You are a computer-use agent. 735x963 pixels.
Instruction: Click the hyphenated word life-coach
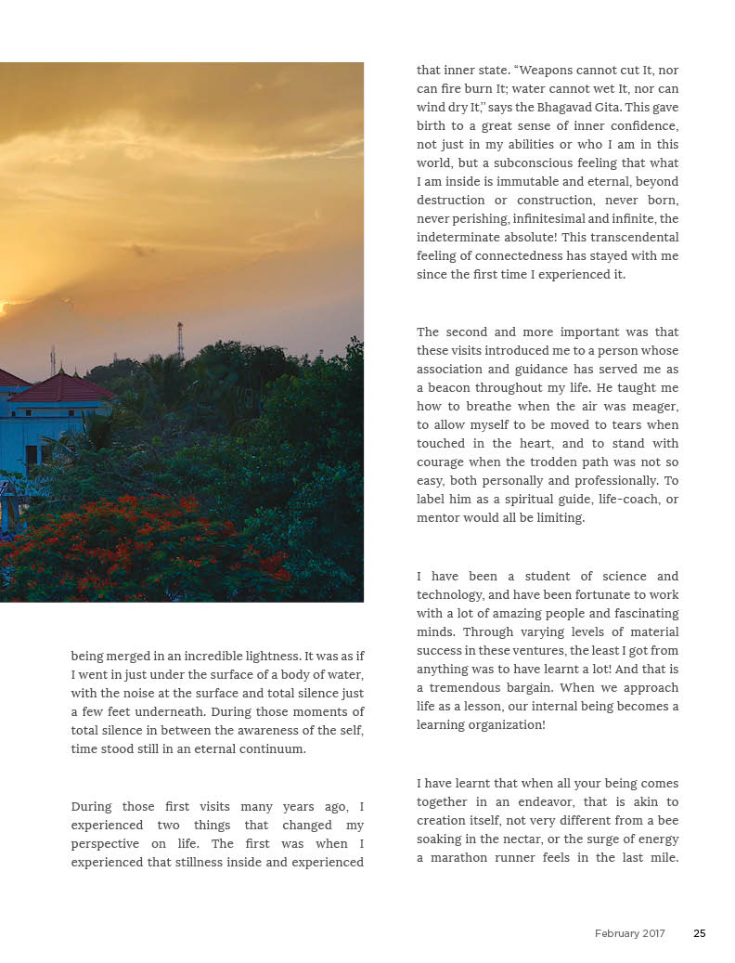pos(617,500)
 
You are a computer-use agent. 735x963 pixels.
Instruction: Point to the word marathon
pos(465,858)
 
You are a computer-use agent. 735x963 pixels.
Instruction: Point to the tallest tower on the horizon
pos(180,340)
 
